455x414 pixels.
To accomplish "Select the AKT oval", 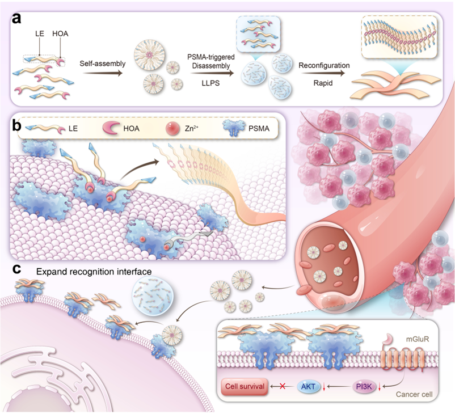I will point(309,387).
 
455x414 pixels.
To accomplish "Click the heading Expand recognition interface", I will point(94,272).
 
